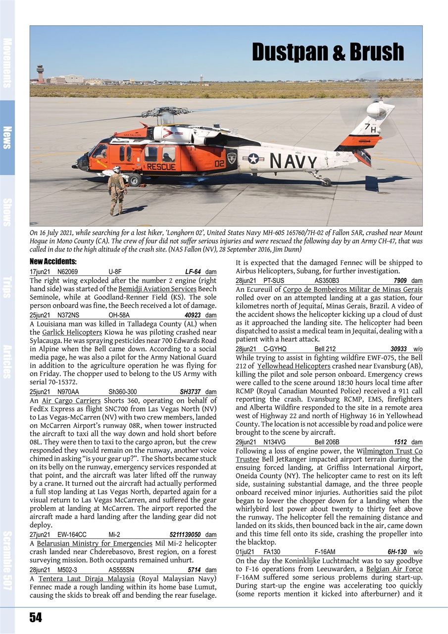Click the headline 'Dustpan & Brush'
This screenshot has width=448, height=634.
[328, 52]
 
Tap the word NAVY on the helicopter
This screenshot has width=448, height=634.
[293, 161]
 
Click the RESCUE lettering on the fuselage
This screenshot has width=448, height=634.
[161, 167]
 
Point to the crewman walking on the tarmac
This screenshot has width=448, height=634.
[116, 190]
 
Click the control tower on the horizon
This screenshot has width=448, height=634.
[41, 73]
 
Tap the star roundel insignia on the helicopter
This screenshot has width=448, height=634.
[253, 159]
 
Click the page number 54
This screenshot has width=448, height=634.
[35, 617]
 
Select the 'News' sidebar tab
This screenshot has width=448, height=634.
[7, 137]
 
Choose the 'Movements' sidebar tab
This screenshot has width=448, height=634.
[7, 62]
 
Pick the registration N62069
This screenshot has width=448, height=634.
[68, 272]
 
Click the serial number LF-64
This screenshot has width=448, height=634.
[193, 272]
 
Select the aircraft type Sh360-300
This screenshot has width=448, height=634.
[123, 392]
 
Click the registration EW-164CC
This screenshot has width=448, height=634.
[72, 535]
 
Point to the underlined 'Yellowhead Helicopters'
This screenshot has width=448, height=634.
[294, 366]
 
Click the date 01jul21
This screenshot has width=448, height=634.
[246, 552]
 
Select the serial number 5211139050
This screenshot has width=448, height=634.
[185, 535]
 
